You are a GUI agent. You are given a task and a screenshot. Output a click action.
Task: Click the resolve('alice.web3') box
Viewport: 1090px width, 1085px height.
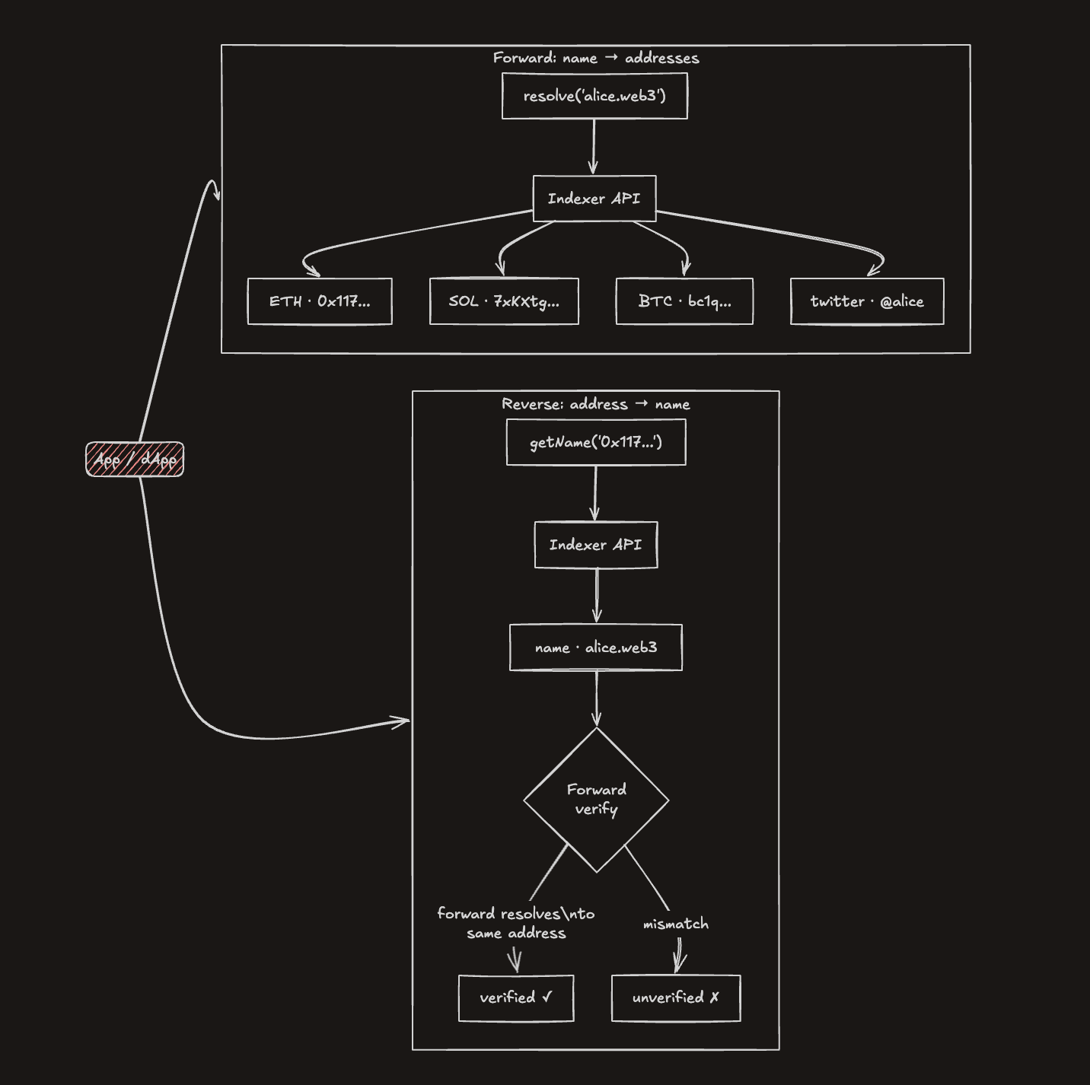[594, 96]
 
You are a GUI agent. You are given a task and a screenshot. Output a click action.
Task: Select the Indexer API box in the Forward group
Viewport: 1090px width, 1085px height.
[594, 199]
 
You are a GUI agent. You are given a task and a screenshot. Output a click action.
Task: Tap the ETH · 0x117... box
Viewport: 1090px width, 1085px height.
[320, 301]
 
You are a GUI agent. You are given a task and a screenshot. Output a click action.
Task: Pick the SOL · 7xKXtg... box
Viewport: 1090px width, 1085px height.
[504, 301]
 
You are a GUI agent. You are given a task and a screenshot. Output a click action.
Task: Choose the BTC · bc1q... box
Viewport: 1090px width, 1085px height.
[684, 301]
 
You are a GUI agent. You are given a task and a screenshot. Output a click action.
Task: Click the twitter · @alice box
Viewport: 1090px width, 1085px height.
[867, 301]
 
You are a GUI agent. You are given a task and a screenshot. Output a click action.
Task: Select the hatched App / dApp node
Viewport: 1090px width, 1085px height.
[135, 459]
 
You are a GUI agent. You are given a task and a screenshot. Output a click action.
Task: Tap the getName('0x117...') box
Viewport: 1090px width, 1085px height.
[596, 442]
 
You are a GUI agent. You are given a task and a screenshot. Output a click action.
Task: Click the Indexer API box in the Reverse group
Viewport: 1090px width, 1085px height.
[596, 545]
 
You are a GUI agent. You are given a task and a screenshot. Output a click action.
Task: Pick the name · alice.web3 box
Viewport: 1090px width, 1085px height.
[596, 647]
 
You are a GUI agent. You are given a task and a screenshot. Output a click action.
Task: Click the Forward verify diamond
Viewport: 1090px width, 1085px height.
[596, 800]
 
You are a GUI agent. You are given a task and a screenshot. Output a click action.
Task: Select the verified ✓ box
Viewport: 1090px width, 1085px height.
[516, 998]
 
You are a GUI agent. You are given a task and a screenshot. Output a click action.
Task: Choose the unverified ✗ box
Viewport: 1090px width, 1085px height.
[676, 998]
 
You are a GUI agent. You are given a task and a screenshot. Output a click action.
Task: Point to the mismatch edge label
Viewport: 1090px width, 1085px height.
[676, 924]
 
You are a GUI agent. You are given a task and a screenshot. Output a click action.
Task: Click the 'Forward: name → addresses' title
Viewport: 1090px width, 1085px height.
[596, 58]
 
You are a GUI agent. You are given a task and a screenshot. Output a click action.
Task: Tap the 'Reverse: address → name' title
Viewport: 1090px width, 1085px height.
[596, 404]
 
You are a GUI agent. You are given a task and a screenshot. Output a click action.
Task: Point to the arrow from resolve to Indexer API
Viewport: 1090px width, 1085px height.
[594, 147]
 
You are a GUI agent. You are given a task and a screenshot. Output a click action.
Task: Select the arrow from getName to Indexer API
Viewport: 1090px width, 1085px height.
[595, 493]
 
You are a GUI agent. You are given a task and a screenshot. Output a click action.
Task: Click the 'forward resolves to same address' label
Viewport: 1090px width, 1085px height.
[516, 923]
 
